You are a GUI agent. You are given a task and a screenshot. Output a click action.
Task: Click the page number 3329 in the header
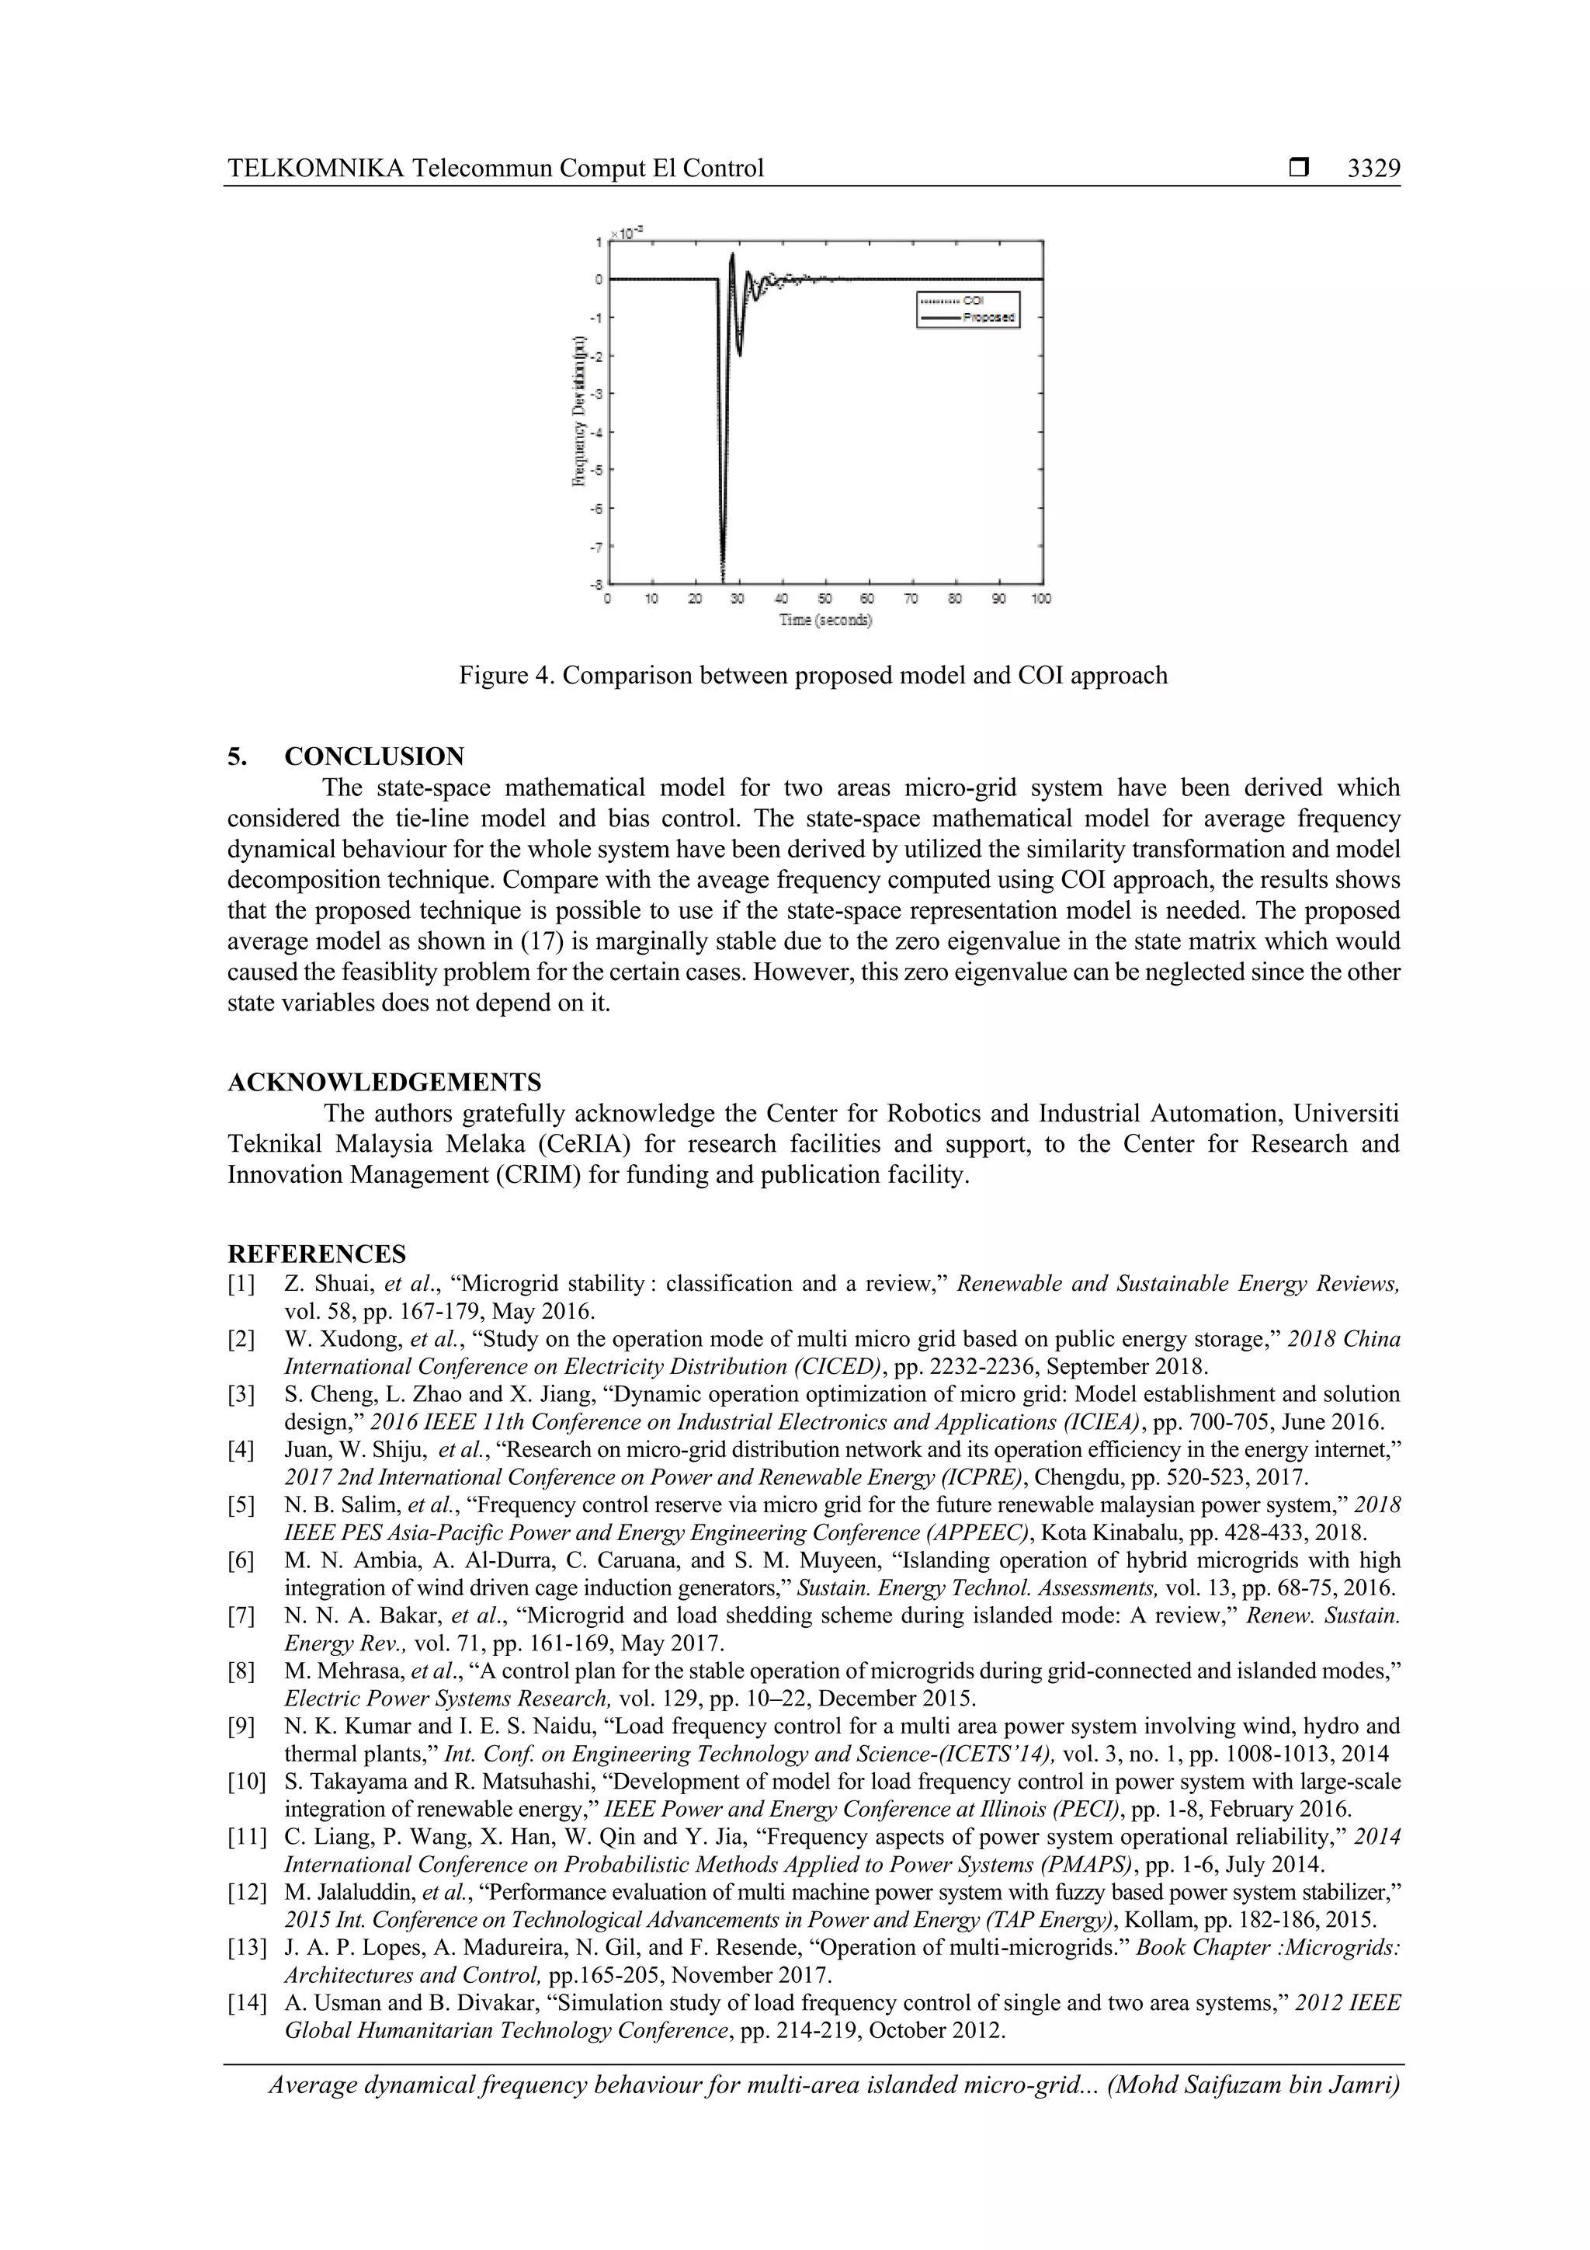tap(1373, 169)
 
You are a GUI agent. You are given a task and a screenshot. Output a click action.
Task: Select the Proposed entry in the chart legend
tap(988, 318)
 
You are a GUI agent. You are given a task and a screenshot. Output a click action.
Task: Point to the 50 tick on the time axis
tap(825, 598)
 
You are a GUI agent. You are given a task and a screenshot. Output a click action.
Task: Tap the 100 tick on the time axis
tap(1040, 598)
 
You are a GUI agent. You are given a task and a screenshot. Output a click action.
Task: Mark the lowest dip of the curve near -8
tap(723, 576)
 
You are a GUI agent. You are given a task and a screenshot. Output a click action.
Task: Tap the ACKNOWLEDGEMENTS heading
tap(384, 1082)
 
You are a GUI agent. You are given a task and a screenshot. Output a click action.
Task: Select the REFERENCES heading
tap(317, 1254)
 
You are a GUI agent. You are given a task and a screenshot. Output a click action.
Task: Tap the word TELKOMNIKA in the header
tap(315, 169)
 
